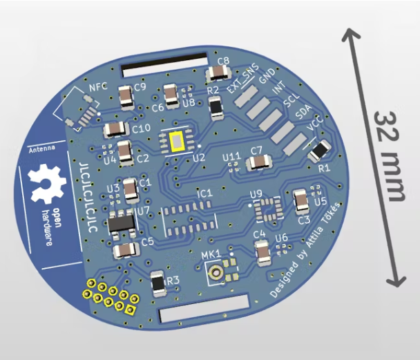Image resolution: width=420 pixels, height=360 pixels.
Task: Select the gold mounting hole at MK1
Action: [x=217, y=272]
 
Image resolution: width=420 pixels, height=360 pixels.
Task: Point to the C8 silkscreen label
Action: [x=222, y=61]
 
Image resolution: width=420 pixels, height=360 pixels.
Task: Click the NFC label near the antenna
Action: [x=99, y=88]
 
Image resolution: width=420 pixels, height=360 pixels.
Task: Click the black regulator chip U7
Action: [x=122, y=224]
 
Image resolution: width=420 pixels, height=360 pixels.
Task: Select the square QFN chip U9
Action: [x=266, y=209]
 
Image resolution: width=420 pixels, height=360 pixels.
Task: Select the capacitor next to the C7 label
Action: [x=258, y=163]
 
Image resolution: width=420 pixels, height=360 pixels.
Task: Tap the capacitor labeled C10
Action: [x=115, y=129]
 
